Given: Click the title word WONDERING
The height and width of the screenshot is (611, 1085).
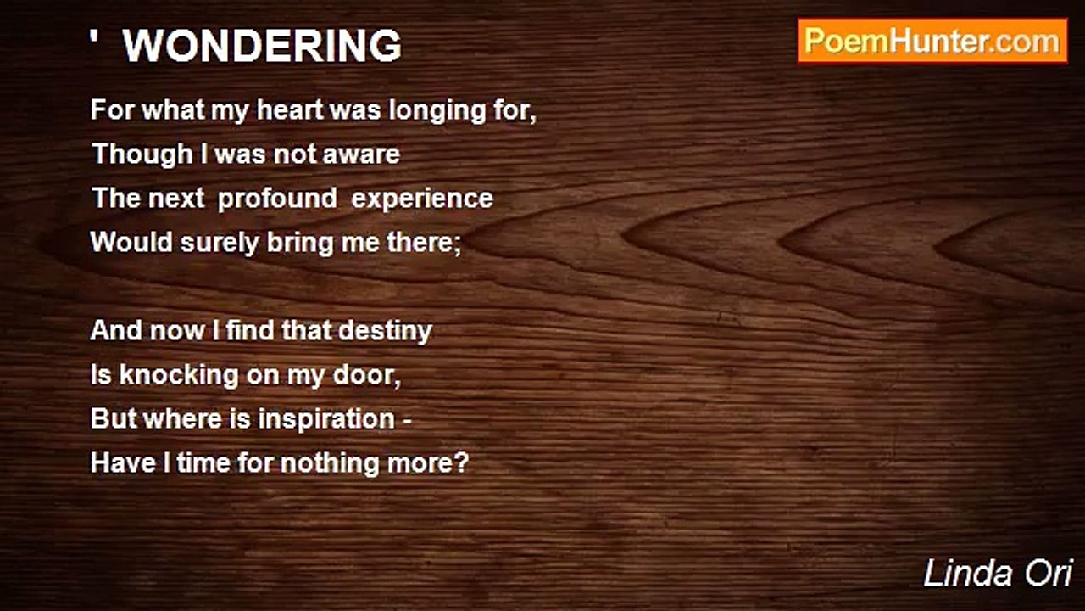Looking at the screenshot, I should (x=262, y=47).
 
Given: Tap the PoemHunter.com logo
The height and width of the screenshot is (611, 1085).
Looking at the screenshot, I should (x=932, y=41).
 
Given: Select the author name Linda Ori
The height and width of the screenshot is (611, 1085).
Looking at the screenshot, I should (x=998, y=574).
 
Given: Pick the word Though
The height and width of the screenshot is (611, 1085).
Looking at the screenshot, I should (x=131, y=154).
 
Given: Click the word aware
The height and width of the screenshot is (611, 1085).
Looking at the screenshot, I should (x=364, y=154).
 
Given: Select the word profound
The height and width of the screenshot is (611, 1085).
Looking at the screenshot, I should (x=276, y=199).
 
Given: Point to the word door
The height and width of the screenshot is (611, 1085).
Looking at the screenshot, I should (x=368, y=375).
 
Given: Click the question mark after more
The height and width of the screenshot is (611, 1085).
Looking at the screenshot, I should (x=461, y=463).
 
